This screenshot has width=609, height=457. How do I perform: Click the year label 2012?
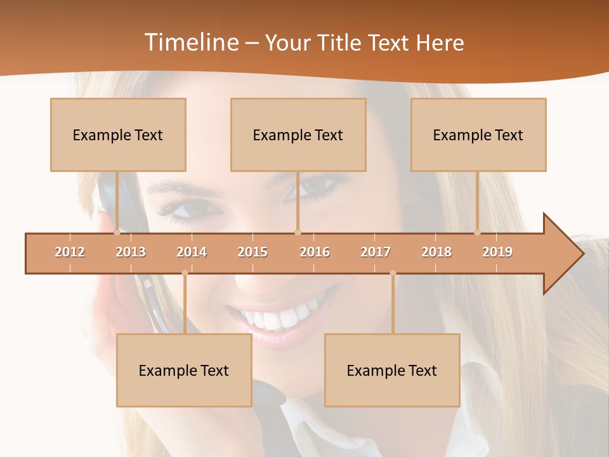click(70, 252)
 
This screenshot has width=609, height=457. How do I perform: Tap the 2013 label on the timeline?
click(131, 252)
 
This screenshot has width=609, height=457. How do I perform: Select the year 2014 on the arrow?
click(192, 252)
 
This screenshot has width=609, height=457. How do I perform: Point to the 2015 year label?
click(252, 252)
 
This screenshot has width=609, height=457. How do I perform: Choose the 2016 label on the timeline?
click(315, 252)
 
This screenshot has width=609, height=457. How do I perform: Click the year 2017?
click(376, 252)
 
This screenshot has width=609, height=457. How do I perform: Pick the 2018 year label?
click(436, 252)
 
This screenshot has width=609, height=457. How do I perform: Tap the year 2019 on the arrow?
click(497, 252)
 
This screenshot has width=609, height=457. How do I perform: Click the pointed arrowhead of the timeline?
click(565, 254)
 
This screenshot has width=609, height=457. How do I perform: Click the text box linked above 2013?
click(118, 135)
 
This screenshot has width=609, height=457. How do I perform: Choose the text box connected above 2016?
click(298, 135)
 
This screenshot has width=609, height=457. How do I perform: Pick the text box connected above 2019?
click(478, 135)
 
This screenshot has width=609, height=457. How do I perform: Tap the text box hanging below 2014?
click(184, 370)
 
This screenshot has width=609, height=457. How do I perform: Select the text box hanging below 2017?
click(392, 370)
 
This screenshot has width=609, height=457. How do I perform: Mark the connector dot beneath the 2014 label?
click(185, 273)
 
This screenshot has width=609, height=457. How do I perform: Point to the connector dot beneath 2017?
click(393, 273)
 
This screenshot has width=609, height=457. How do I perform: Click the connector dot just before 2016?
click(298, 232)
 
